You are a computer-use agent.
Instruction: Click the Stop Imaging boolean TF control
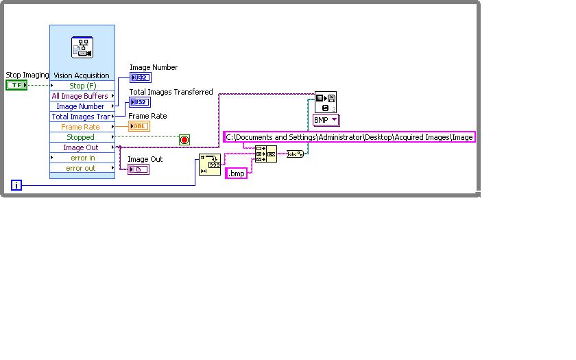point(16,85)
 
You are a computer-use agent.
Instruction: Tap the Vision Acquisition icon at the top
point(82,48)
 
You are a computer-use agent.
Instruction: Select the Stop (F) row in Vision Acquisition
point(82,86)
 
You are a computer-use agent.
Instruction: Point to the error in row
point(83,158)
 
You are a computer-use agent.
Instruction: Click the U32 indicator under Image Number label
point(140,77)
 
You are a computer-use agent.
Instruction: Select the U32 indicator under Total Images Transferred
point(140,102)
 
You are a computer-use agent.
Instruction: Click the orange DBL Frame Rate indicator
point(139,126)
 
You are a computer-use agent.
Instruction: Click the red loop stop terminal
point(184,140)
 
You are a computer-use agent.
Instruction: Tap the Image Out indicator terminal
point(138,169)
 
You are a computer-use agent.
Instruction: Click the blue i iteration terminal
point(17,185)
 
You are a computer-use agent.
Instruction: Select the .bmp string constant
point(236,173)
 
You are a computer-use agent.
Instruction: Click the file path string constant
point(350,137)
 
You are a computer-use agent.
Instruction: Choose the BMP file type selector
point(326,120)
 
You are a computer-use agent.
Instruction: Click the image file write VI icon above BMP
point(326,102)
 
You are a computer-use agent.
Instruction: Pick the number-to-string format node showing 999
point(210,165)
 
